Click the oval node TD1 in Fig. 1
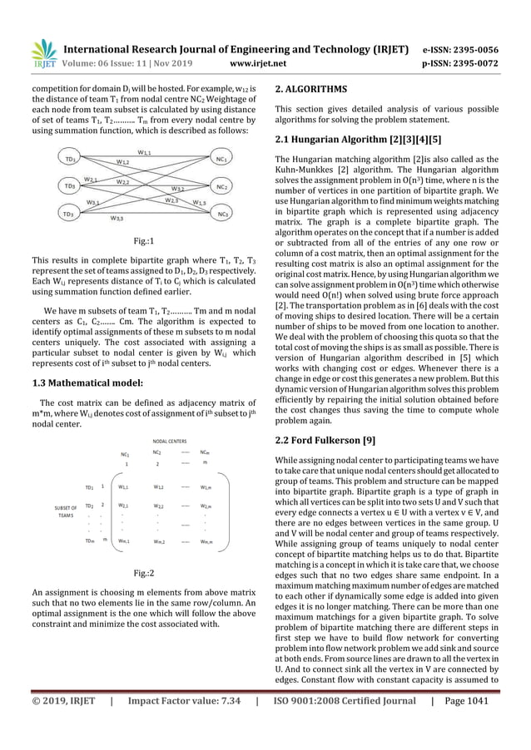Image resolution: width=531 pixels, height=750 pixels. tap(72, 159)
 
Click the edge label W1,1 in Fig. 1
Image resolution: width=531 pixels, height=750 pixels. tap(145, 152)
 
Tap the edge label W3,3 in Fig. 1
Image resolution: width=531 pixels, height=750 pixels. tap(118, 220)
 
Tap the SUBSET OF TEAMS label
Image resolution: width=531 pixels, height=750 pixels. tap(64, 511)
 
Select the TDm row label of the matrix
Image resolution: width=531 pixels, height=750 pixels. tap(89, 540)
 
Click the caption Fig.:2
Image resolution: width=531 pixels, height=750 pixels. tap(144, 574)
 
